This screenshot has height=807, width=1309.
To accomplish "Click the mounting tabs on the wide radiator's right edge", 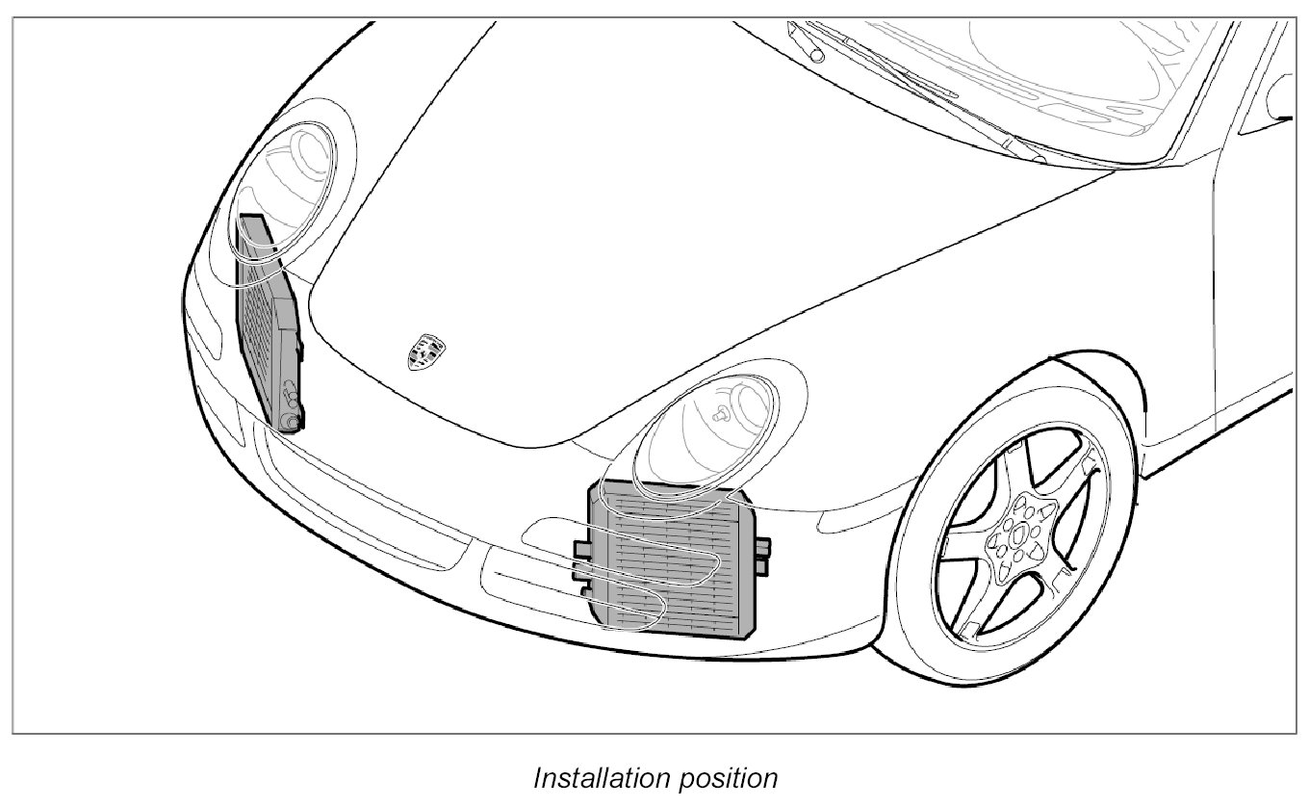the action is point(762,557).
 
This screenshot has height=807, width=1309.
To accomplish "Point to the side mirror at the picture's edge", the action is point(1280,96).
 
